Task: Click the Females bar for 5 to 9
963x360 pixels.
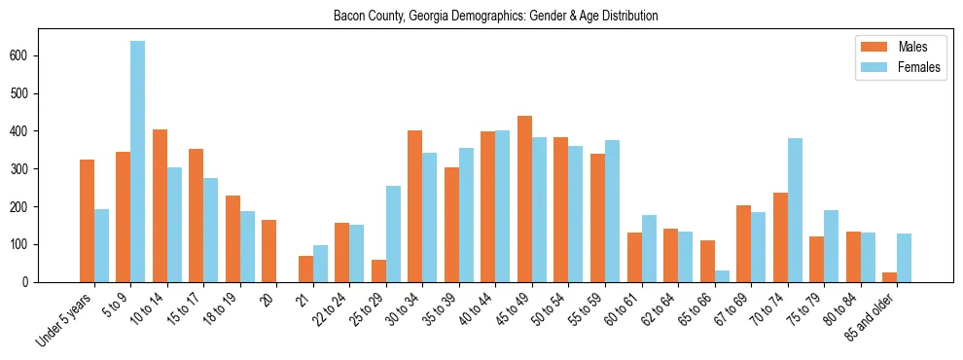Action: pos(138,162)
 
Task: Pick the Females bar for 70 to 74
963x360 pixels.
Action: pos(795,210)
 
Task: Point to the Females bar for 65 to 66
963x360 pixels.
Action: pos(722,276)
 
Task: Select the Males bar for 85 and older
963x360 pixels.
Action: pos(889,277)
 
